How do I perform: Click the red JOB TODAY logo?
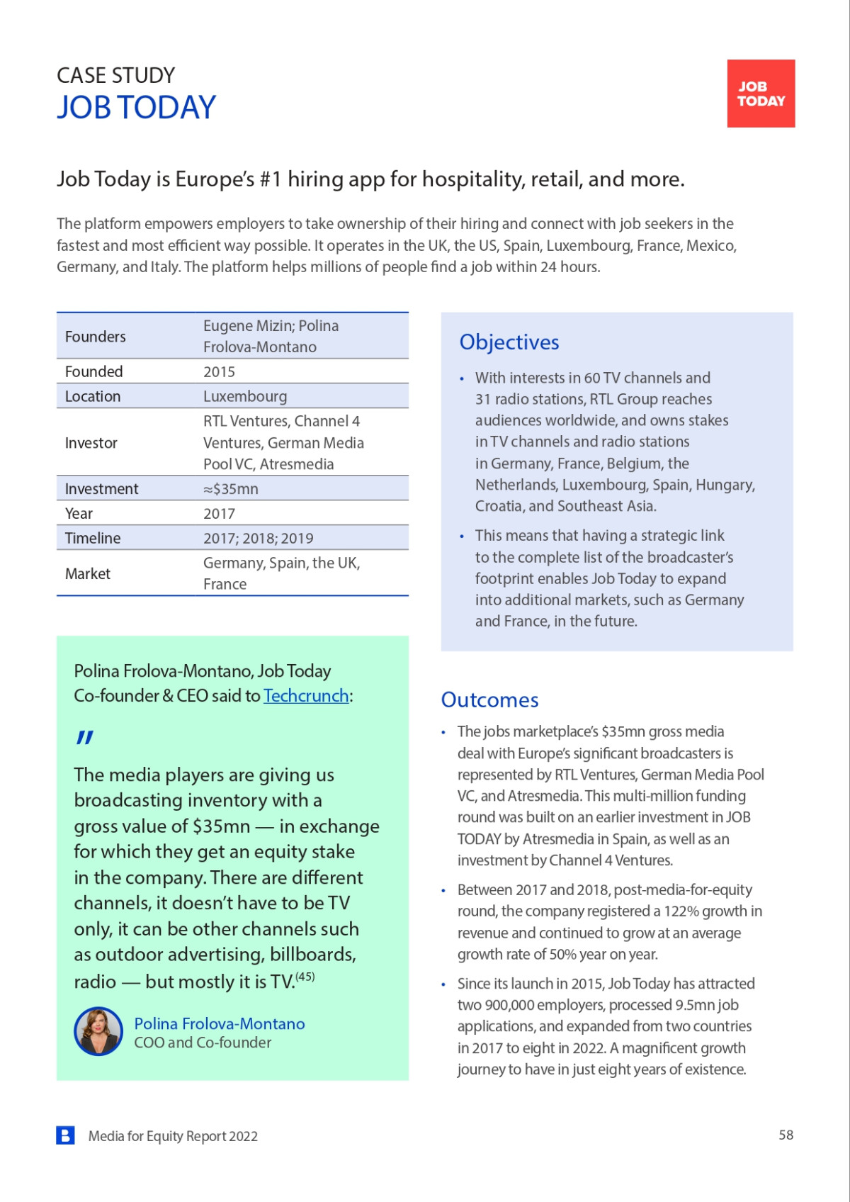(x=761, y=94)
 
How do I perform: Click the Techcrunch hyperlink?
(x=306, y=696)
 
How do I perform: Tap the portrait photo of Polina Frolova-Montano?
(x=98, y=1031)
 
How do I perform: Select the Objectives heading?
(x=509, y=342)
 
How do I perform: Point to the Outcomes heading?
(x=489, y=700)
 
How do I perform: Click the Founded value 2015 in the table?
(x=219, y=371)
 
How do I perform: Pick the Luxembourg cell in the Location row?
(x=245, y=396)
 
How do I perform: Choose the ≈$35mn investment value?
(x=231, y=489)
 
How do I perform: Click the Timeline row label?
(x=93, y=538)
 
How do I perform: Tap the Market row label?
(x=88, y=573)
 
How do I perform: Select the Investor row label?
(x=91, y=443)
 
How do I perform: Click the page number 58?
(x=786, y=1135)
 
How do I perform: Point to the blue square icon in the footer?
(x=65, y=1135)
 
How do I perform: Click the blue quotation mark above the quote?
(x=85, y=738)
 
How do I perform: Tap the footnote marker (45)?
(x=305, y=977)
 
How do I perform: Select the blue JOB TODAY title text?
(x=136, y=108)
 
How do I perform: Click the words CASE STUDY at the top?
(x=115, y=75)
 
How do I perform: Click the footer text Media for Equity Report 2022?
(x=173, y=1136)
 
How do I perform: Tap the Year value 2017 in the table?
(x=219, y=514)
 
